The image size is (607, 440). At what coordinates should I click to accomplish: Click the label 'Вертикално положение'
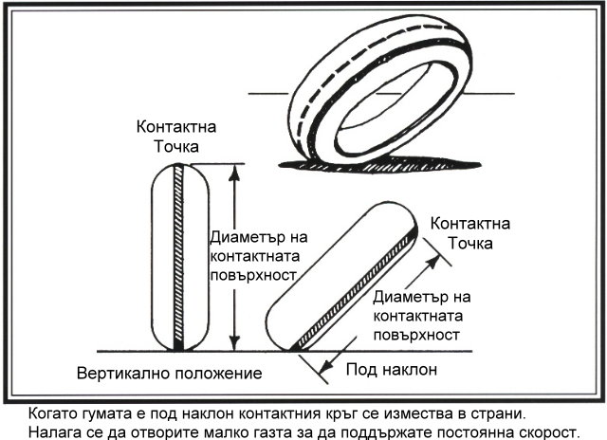(169, 374)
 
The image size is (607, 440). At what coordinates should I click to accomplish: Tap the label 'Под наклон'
(392, 370)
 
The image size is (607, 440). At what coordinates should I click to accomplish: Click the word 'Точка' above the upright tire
(176, 147)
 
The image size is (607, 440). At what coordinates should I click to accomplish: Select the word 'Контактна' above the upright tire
(176, 127)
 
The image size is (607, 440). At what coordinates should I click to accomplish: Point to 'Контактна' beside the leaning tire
(470, 224)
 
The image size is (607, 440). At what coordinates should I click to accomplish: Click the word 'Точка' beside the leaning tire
(470, 244)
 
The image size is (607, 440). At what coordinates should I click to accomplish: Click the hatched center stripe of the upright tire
(178, 257)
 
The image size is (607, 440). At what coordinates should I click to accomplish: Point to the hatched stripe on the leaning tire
(354, 290)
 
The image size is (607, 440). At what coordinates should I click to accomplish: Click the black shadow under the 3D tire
(379, 165)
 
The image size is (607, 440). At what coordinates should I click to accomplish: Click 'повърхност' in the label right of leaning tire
(416, 335)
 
